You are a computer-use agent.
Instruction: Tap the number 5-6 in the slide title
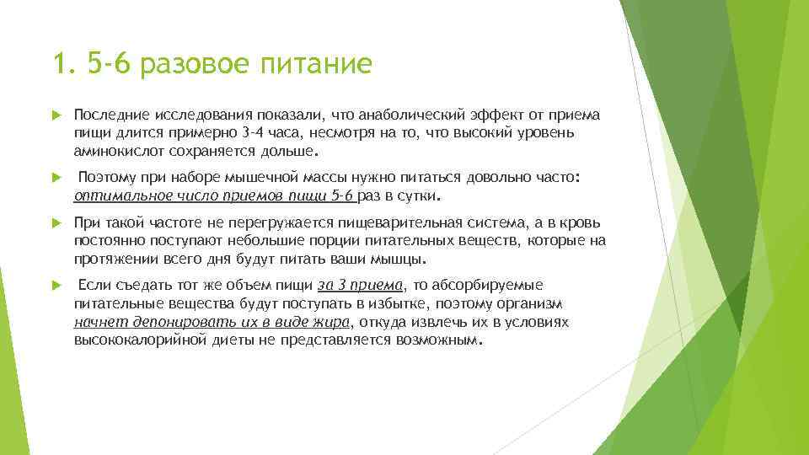(111, 64)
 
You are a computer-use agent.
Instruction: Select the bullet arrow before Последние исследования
(56, 115)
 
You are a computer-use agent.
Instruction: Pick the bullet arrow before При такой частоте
(56, 222)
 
